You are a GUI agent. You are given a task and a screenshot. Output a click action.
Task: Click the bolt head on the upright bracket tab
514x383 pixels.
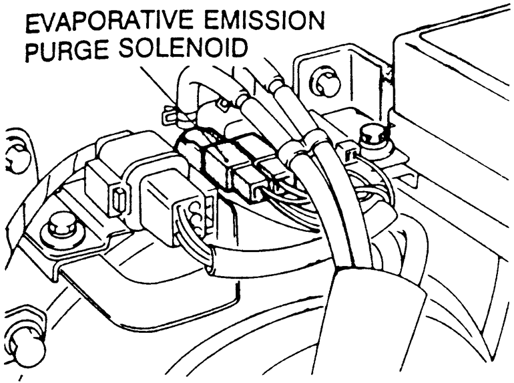click(325, 82)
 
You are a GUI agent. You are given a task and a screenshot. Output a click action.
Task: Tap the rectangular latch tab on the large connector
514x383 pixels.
click(120, 199)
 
